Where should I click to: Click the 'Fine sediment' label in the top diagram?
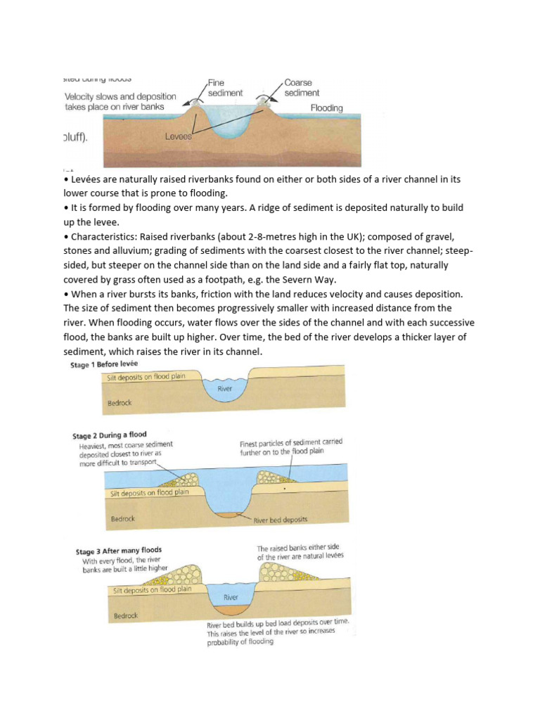[225, 88]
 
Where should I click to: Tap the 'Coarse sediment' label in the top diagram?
[302, 88]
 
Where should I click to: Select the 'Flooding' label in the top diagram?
[326, 108]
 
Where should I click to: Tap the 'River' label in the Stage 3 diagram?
[231, 597]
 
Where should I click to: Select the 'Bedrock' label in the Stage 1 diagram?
[119, 404]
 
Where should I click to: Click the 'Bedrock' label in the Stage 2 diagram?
[123, 520]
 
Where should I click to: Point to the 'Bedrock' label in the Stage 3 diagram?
[126, 616]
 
